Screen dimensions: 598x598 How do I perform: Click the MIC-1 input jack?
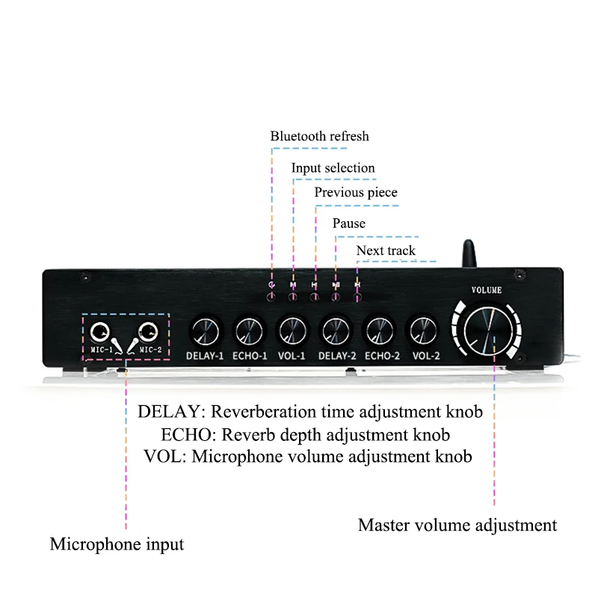(x=99, y=332)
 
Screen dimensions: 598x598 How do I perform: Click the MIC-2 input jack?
(x=148, y=331)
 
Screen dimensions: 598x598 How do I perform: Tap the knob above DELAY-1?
(x=205, y=331)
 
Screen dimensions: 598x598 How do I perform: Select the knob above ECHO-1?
(x=249, y=331)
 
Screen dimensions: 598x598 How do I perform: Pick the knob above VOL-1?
(x=292, y=331)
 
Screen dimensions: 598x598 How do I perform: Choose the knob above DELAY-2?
(x=336, y=331)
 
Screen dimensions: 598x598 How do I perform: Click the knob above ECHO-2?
(x=380, y=331)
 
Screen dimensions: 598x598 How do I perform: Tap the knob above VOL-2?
(x=423, y=331)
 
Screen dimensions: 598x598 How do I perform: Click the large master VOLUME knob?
(x=489, y=330)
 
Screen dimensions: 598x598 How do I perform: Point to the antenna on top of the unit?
(x=469, y=253)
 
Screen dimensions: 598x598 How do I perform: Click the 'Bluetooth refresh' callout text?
(x=320, y=136)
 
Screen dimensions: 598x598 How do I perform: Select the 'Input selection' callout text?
(x=333, y=167)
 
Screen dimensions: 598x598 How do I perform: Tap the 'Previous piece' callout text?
(x=356, y=192)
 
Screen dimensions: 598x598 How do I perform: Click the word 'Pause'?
(x=349, y=223)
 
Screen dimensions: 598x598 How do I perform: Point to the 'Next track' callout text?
(x=386, y=250)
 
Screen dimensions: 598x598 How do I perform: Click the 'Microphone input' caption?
(x=117, y=544)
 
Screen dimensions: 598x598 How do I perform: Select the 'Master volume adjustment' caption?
(x=457, y=525)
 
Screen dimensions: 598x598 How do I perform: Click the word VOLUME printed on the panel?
(x=487, y=290)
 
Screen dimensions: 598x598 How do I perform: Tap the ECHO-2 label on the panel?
(x=382, y=356)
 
